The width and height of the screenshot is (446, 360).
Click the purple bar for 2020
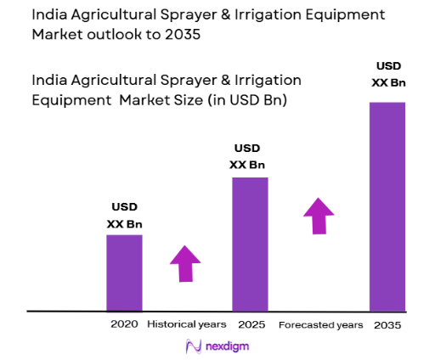click(124, 273)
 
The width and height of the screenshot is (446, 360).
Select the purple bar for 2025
click(250, 244)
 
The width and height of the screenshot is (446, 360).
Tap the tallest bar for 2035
click(387, 206)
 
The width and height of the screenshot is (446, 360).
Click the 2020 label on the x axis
click(124, 324)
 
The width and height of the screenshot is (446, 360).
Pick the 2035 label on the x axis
click(387, 324)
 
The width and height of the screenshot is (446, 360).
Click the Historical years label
click(187, 324)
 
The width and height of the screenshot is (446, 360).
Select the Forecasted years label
click(320, 324)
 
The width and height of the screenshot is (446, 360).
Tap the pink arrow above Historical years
click(184, 263)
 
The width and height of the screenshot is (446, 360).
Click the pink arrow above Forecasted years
click(319, 216)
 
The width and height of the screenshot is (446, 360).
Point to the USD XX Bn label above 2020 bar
click(124, 216)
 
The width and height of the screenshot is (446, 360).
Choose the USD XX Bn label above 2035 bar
click(387, 74)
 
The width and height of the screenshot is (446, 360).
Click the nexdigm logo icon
click(193, 346)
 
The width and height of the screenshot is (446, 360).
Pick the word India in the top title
click(46, 14)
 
